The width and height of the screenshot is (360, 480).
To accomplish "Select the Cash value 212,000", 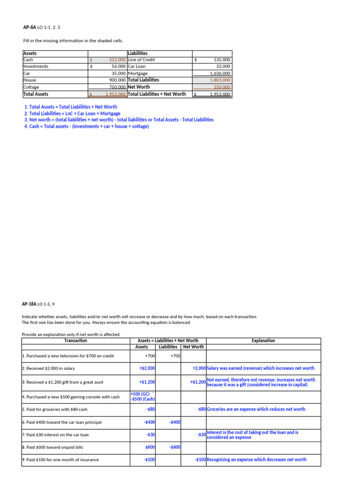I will (117, 60).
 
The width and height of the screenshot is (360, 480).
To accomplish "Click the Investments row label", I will (36, 67).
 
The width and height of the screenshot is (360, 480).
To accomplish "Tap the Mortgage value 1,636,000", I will (220, 74).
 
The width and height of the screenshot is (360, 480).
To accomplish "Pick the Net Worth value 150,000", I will (222, 87).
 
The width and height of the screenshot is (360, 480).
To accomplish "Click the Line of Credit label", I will (142, 60).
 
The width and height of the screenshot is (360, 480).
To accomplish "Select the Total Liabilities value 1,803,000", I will (220, 80).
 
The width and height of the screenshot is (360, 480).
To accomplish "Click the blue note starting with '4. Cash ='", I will (87, 127).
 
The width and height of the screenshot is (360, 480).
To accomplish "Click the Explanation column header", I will (263, 341).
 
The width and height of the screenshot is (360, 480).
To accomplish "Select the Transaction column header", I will (75, 341).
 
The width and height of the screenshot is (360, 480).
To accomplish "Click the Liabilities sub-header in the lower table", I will (168, 347).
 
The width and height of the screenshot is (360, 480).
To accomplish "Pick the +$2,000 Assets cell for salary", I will (147, 368).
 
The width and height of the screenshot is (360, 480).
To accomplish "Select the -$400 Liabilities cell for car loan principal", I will (175, 422).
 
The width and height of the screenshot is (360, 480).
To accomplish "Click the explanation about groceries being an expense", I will (256, 409).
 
